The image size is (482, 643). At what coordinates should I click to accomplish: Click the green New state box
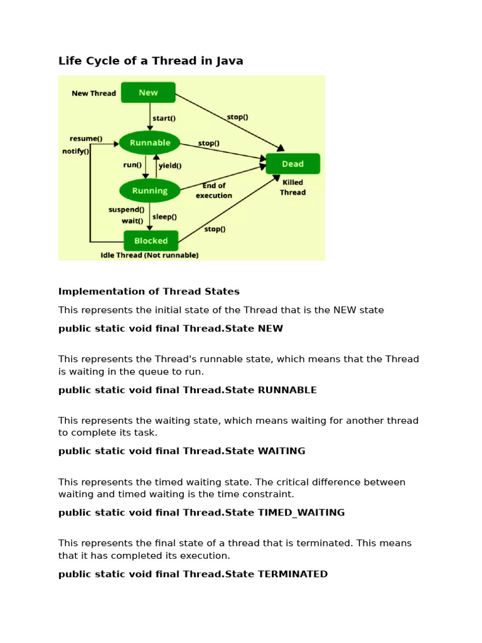pyautogui.click(x=148, y=92)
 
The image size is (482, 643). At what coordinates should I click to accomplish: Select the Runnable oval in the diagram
pyautogui.click(x=149, y=143)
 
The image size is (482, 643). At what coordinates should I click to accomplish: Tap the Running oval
pyautogui.click(x=149, y=190)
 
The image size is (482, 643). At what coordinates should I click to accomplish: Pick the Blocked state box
pyautogui.click(x=151, y=240)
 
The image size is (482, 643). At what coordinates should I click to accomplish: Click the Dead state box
pyautogui.click(x=292, y=164)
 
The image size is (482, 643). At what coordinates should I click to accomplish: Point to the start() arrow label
pyautogui.click(x=164, y=117)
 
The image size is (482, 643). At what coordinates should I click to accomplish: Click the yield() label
pyautogui.click(x=170, y=166)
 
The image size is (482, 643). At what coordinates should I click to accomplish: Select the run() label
pyautogui.click(x=132, y=165)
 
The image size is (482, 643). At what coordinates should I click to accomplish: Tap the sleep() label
pyautogui.click(x=165, y=217)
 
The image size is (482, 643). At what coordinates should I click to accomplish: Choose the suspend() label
pyautogui.click(x=126, y=210)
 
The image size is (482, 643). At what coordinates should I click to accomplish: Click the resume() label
pyautogui.click(x=85, y=138)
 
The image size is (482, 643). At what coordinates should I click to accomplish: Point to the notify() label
pyautogui.click(x=76, y=151)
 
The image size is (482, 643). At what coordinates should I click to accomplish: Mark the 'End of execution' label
pyautogui.click(x=214, y=190)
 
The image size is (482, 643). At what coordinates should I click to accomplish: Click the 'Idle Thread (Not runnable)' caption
pyautogui.click(x=149, y=256)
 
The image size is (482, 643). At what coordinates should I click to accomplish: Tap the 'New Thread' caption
pyautogui.click(x=94, y=94)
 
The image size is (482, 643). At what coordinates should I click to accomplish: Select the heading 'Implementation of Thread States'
pyautogui.click(x=149, y=291)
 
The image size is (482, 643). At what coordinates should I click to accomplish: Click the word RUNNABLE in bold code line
pyautogui.click(x=287, y=390)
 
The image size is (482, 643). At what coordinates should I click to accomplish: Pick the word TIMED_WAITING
pyautogui.click(x=301, y=512)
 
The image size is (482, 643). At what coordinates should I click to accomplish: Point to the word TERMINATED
pyautogui.click(x=292, y=574)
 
